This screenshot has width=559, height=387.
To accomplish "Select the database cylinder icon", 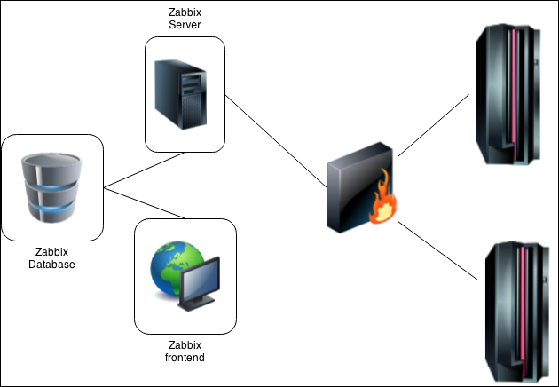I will (51, 187).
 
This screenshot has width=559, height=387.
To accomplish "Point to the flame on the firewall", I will (383, 203).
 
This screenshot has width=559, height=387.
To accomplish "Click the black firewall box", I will (355, 186).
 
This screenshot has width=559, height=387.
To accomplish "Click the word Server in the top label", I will (185, 26).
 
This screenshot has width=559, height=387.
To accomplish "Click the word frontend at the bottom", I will (185, 358).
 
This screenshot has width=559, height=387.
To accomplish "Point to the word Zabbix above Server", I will (185, 12).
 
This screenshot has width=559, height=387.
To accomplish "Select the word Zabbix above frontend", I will (185, 345).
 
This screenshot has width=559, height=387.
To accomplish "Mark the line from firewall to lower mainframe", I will (439, 250).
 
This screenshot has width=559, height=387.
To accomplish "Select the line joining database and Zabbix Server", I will (144, 170).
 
